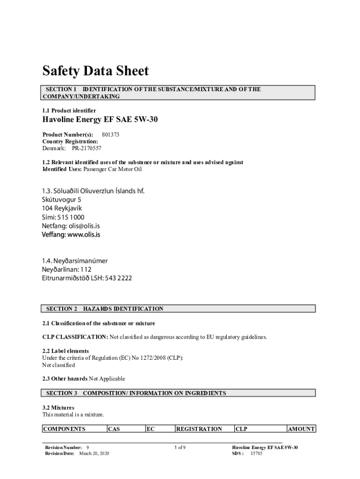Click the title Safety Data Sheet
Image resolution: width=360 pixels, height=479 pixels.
click(x=95, y=71)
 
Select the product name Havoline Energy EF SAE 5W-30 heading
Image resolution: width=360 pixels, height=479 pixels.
click(x=100, y=120)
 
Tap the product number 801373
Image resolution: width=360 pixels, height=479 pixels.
click(x=110, y=134)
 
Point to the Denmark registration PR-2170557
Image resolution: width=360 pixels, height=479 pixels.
click(x=86, y=148)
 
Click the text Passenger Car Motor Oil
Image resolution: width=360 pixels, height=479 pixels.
click(x=112, y=169)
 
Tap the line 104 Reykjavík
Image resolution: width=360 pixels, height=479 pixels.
click(x=63, y=208)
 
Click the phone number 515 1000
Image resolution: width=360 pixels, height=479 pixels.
click(x=72, y=217)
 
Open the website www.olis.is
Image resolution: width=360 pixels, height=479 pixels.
click(x=84, y=235)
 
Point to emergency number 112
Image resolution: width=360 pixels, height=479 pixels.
click(x=86, y=269)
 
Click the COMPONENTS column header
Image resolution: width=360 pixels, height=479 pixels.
click(x=65, y=429)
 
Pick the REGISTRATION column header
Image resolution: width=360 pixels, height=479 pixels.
click(x=199, y=429)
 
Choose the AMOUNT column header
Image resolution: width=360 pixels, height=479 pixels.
click(x=302, y=429)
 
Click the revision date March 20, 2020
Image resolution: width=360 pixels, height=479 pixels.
click(x=94, y=454)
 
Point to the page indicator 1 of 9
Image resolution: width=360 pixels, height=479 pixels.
click(x=180, y=448)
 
